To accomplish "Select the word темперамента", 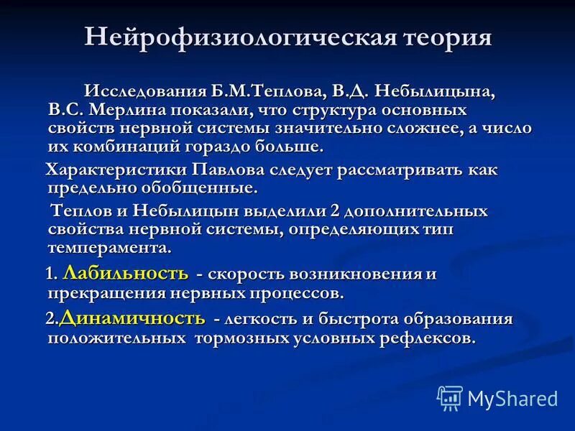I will [x=109, y=248].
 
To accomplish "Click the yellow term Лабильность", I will [x=126, y=273].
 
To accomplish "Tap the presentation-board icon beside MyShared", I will [x=450, y=398].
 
